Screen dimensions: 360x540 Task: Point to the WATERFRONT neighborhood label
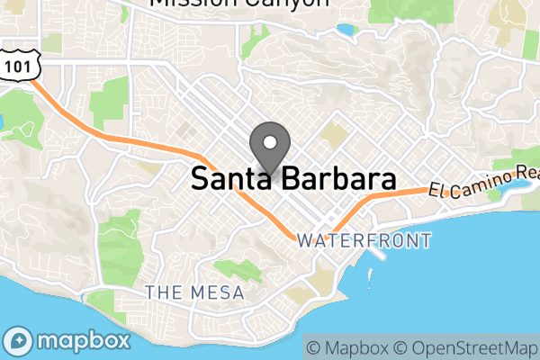364,241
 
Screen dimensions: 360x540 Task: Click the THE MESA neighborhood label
188,292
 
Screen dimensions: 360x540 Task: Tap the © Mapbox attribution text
350,347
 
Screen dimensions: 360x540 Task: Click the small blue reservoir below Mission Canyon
345,30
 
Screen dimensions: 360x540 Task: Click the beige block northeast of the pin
334,136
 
